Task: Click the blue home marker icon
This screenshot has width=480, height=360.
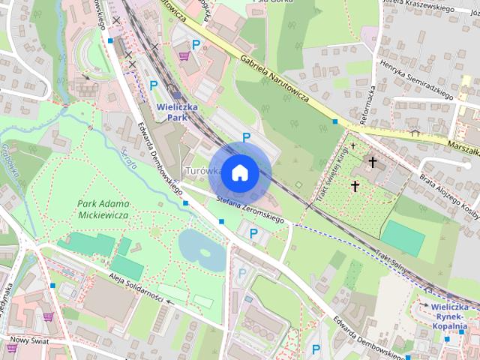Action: pos(239,172)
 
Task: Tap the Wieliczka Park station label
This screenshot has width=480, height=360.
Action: pos(176,112)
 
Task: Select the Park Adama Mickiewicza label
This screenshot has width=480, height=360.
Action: pos(103,209)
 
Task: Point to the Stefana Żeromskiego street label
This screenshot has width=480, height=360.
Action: pos(250,209)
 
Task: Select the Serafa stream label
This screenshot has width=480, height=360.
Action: pos(129,160)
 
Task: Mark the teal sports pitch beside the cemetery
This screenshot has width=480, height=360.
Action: pos(403,238)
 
